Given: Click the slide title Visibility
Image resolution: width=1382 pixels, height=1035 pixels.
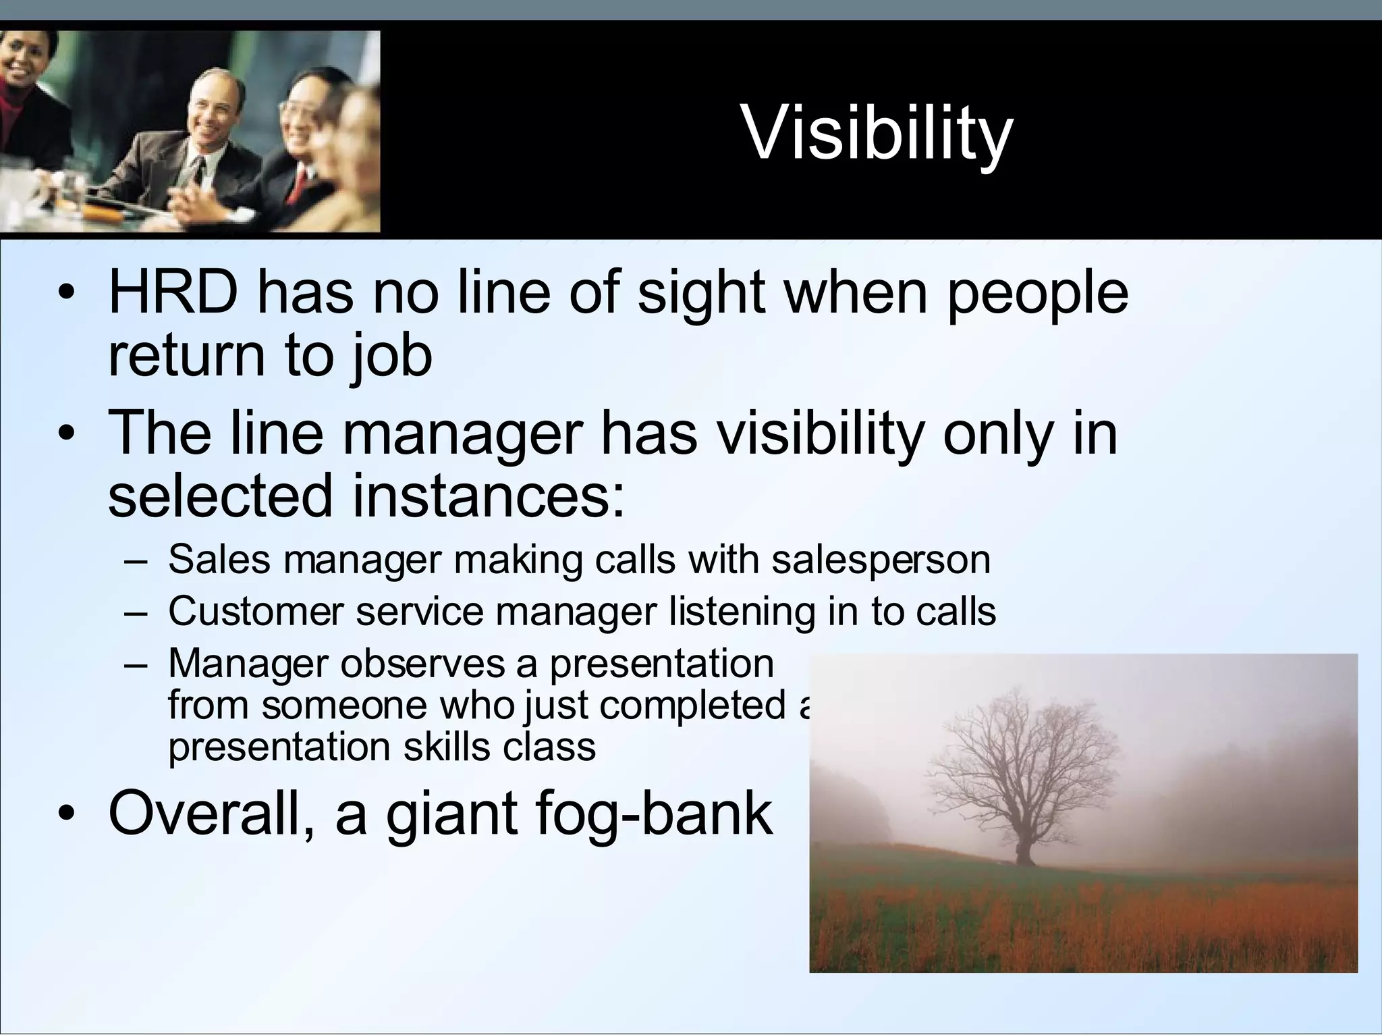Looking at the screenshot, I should [x=877, y=134].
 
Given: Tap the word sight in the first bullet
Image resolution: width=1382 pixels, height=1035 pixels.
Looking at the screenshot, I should [x=701, y=295].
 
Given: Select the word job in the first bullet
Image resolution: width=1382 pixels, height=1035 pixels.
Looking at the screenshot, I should [x=391, y=357].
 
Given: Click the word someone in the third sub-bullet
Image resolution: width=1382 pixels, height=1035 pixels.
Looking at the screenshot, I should [x=345, y=706].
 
